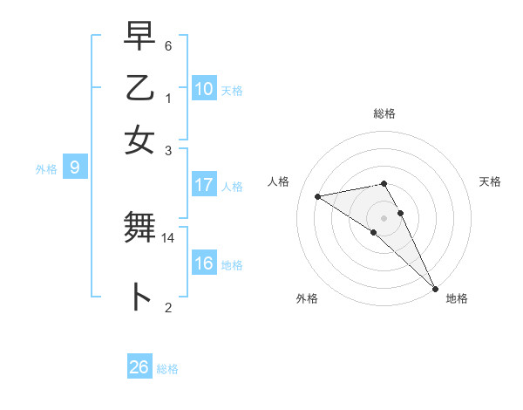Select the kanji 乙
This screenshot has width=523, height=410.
pyautogui.click(x=139, y=88)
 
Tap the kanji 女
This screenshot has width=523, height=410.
pyautogui.click(x=139, y=139)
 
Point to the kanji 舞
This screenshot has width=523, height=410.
pyautogui.click(x=139, y=229)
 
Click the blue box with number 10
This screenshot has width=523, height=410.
pyautogui.click(x=204, y=89)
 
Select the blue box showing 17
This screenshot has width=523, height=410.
pyautogui.click(x=204, y=185)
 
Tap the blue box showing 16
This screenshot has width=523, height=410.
pyautogui.click(x=204, y=263)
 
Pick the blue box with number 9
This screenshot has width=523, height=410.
pyautogui.click(x=75, y=168)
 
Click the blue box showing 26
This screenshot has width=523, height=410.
pyautogui.click(x=139, y=367)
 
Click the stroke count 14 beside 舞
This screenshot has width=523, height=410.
pyautogui.click(x=168, y=237)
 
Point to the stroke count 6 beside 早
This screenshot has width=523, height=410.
pyautogui.click(x=168, y=45)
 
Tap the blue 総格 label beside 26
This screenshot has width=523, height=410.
pyautogui.click(x=167, y=369)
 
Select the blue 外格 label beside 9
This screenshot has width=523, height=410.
pyautogui.click(x=46, y=169)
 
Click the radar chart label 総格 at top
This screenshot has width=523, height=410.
pyautogui.click(x=384, y=113)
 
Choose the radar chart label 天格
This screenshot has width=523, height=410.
pyautogui.click(x=491, y=181)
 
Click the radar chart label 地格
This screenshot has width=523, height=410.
pyautogui.click(x=457, y=298)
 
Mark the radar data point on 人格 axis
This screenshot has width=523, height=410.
pyautogui.click(x=317, y=196)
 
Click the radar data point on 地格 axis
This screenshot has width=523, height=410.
pyautogui.click(x=434, y=289)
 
